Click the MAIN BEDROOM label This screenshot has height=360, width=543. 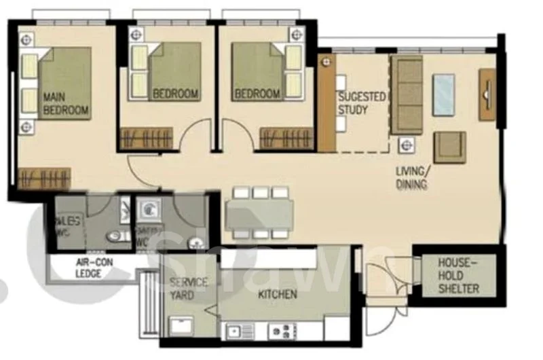pyautogui.click(x=65, y=103)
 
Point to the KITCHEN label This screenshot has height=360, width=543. pyautogui.click(x=278, y=294)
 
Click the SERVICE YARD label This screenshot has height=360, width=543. pyautogui.click(x=188, y=289)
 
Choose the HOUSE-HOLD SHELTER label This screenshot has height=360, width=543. pyautogui.click(x=458, y=275)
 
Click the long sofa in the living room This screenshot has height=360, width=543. pyautogui.click(x=407, y=95)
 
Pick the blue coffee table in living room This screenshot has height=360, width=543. pyautogui.click(x=444, y=94)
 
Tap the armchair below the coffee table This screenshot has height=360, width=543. pyautogui.click(x=449, y=147)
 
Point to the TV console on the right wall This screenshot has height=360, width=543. pyautogui.click(x=487, y=94)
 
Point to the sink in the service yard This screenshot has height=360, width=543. pyautogui.click(x=181, y=325)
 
